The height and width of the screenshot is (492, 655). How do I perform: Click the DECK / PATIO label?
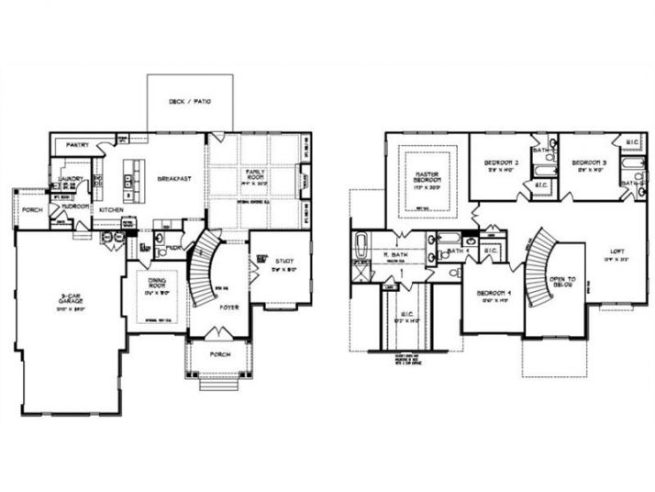point(190,101)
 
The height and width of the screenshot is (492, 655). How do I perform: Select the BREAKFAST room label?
point(173,179)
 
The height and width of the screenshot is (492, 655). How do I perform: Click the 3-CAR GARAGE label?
point(70,300)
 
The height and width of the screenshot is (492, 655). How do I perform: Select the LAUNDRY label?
point(71,179)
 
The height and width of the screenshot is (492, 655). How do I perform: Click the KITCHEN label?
point(112,209)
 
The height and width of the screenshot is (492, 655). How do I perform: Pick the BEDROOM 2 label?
point(502,163)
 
